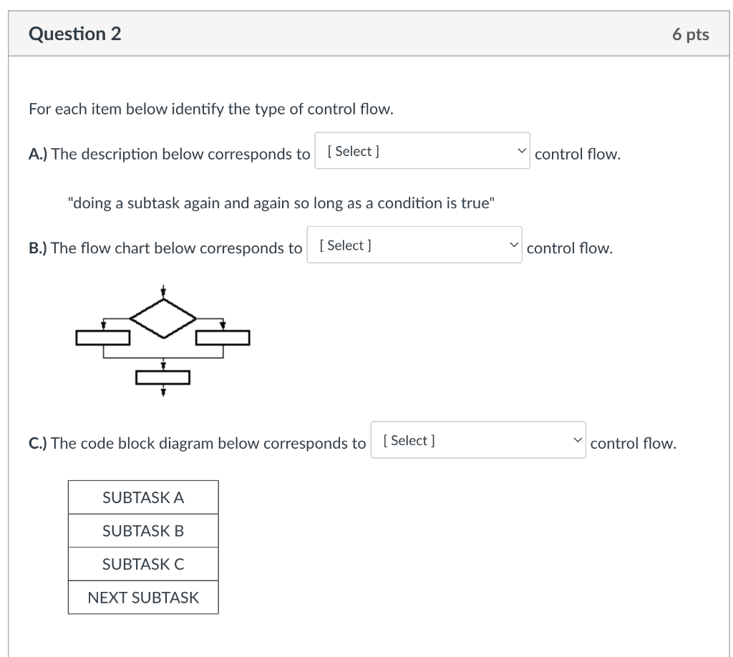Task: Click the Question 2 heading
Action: [74, 34]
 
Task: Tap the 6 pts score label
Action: [691, 34]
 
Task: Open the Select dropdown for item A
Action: [422, 150]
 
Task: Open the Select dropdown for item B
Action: [414, 245]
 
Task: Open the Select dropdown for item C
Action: [477, 439]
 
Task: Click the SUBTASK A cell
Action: [143, 497]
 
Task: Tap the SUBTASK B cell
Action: [143, 531]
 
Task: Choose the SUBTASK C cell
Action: [143, 564]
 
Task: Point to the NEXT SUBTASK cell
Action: [143, 597]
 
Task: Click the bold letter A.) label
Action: [38, 154]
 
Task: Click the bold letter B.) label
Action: [38, 248]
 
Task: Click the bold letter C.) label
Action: [38, 444]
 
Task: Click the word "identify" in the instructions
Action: [198, 109]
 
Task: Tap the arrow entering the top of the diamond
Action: [163, 291]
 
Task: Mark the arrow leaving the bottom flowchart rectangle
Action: [163, 390]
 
